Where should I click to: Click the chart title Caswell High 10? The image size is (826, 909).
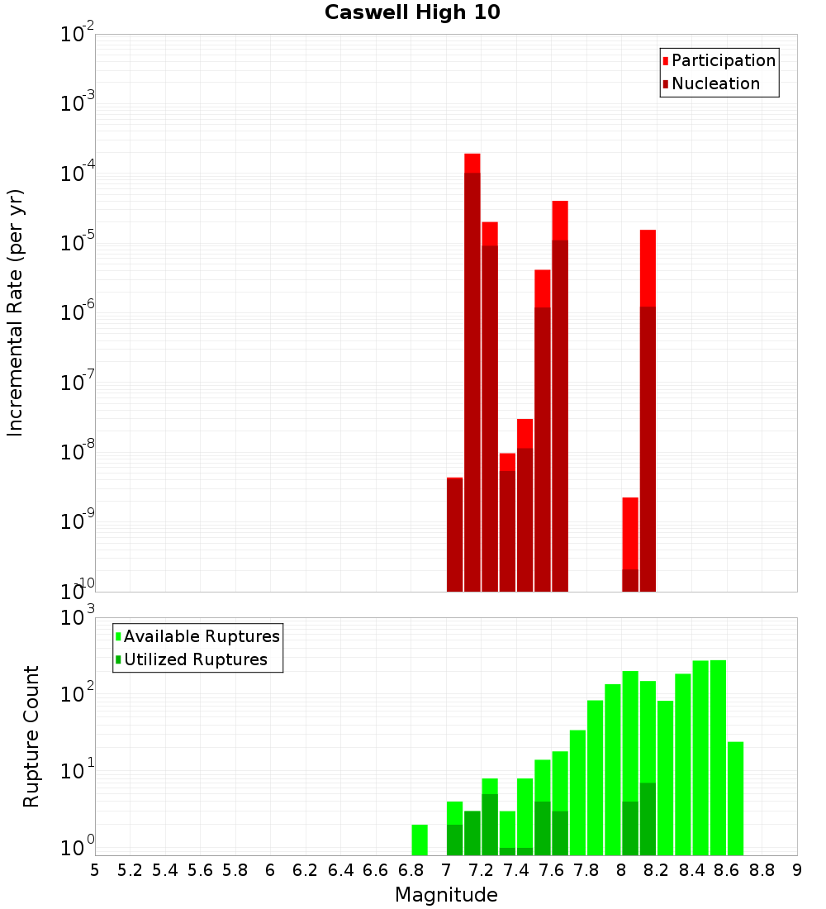(x=412, y=12)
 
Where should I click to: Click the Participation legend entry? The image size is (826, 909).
(x=724, y=60)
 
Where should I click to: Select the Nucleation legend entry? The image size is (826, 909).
(x=715, y=83)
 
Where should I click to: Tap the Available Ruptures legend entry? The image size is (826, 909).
(x=202, y=636)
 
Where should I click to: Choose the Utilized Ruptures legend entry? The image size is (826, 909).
(x=196, y=659)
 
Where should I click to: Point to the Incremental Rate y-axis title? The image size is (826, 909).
(x=16, y=312)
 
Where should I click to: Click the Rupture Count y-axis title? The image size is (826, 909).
(x=31, y=736)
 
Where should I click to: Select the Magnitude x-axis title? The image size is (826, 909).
(x=446, y=895)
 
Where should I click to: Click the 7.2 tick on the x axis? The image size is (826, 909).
(x=482, y=869)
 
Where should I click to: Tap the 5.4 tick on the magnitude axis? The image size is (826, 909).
(x=165, y=869)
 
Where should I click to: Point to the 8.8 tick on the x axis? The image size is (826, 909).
(x=762, y=869)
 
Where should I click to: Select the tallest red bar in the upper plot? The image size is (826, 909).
(x=472, y=372)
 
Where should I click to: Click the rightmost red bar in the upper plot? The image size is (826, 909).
(x=648, y=413)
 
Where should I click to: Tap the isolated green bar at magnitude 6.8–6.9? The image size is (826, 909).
(x=420, y=840)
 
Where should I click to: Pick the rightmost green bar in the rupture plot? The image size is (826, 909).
(x=735, y=797)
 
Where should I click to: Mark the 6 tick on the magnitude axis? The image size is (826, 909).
(x=270, y=869)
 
